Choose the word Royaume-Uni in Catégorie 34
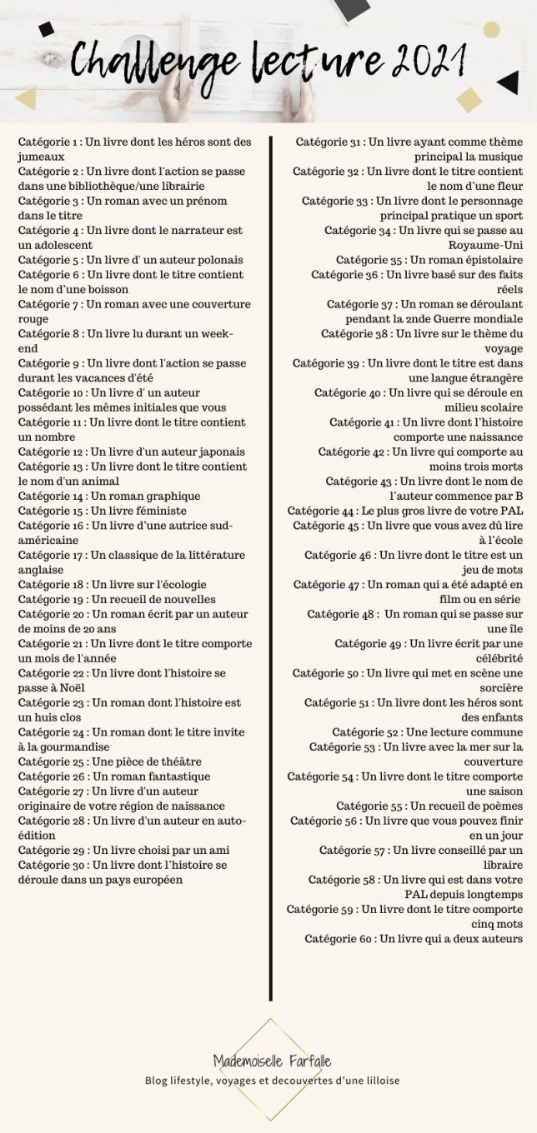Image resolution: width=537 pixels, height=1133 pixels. pos(488,244)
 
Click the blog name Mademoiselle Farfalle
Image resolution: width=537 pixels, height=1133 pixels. pos(272,1061)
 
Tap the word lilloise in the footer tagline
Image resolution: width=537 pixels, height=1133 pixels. pos(376,1081)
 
